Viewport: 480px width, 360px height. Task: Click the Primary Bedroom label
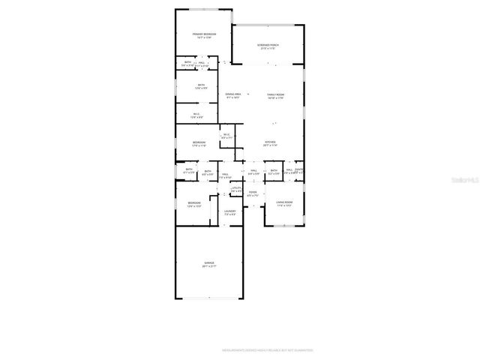click(203, 34)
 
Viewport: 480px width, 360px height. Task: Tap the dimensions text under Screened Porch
click(268, 49)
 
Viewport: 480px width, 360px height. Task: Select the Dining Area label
click(232, 94)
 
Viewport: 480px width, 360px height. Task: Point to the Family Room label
click(276, 94)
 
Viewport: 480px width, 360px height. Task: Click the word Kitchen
click(271, 142)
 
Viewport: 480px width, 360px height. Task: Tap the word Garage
click(208, 263)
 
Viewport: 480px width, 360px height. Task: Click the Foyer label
click(253, 193)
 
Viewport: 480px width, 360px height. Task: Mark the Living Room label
click(283, 202)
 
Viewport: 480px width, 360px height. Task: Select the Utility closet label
click(236, 188)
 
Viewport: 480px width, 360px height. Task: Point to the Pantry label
click(298, 170)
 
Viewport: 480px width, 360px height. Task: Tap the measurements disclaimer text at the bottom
click(267, 349)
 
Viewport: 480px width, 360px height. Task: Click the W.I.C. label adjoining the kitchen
click(226, 136)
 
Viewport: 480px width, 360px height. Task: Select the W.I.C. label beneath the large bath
click(196, 115)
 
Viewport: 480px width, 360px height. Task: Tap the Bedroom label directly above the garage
click(194, 202)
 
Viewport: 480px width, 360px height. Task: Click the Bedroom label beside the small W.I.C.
click(198, 142)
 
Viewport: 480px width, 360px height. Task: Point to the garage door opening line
click(208, 298)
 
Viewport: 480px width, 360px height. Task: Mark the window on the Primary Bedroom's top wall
click(203, 10)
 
